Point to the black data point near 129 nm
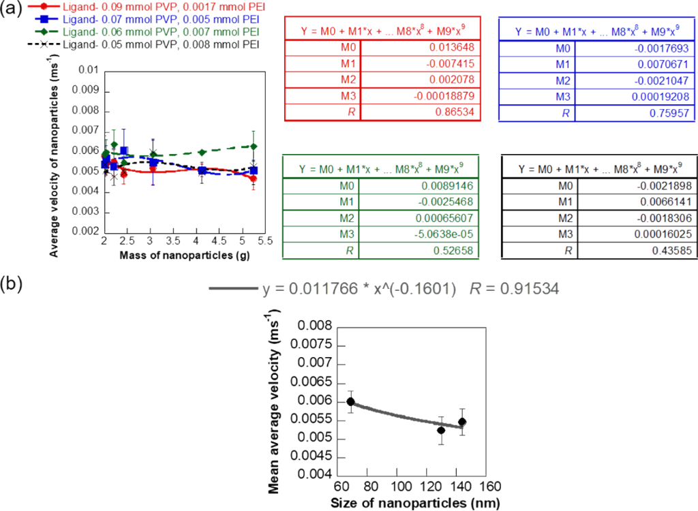pos(441,430)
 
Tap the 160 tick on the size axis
pos(486,488)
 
